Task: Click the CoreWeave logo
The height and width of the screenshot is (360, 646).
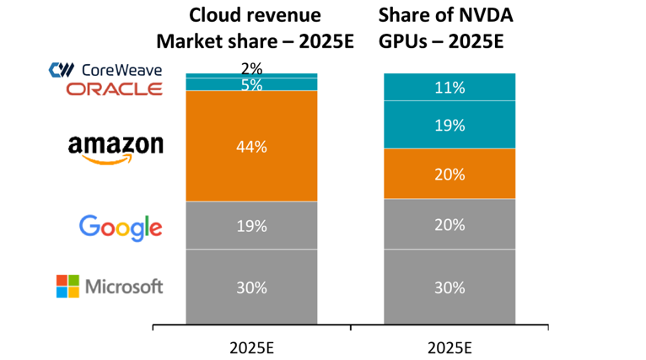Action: [x=106, y=70]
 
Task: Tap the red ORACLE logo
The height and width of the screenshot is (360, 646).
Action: [x=115, y=89]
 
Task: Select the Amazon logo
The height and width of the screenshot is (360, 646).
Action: [x=116, y=147]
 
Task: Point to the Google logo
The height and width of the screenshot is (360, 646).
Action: [x=120, y=227]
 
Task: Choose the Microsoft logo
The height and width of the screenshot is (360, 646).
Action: [x=110, y=287]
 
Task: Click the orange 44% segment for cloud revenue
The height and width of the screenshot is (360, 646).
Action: [x=251, y=146]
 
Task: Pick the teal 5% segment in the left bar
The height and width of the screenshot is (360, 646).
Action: [x=251, y=84]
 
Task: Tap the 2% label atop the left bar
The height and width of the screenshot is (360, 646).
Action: [x=251, y=67]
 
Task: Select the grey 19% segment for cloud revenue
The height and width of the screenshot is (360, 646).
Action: [x=251, y=225]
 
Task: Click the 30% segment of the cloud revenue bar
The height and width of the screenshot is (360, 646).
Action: [x=251, y=287]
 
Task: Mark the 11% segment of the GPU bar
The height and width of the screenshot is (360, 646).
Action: [x=449, y=87]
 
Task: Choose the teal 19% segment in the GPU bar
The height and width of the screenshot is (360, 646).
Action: [x=449, y=125]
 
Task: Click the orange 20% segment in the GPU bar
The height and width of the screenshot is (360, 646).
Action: [x=449, y=174]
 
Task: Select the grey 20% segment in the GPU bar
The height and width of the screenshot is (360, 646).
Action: [x=449, y=223]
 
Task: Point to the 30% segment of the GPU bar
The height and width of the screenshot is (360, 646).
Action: [x=449, y=287]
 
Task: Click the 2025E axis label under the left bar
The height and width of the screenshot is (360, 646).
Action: [x=251, y=347]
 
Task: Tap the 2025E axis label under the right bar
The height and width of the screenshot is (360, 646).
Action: [x=449, y=347]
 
